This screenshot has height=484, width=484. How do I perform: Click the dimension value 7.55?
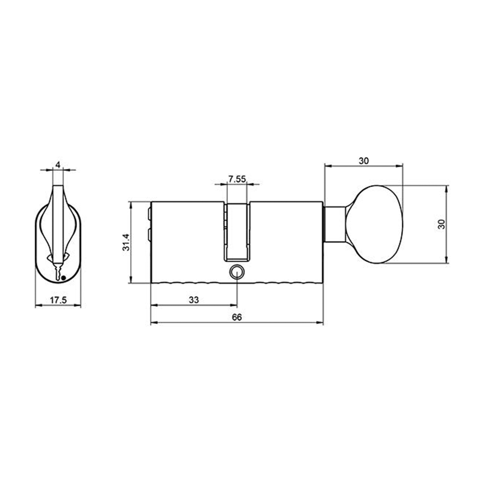[237, 179]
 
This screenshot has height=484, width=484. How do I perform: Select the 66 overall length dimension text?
[237, 317]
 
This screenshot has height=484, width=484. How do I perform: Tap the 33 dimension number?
[194, 300]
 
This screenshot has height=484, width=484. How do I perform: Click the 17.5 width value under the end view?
[58, 300]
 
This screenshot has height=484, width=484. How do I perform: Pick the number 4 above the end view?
[58, 165]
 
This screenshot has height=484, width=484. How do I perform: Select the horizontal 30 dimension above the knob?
[364, 161]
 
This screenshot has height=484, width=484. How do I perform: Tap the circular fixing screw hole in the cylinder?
[237, 272]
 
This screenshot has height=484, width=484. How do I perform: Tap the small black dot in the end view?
[63, 277]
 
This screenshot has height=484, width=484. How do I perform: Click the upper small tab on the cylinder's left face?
[149, 213]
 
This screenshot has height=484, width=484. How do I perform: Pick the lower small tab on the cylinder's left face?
[149, 235]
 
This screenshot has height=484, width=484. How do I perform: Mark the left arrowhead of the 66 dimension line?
[153, 323]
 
